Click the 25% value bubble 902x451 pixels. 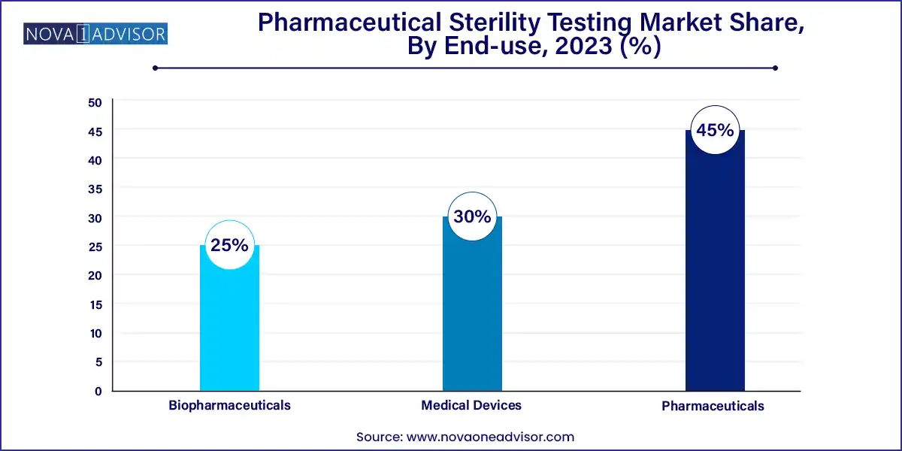coord(229,245)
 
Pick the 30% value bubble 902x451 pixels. coord(471,216)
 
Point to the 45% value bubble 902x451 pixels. coord(715,130)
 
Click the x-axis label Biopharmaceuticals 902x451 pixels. coord(229,405)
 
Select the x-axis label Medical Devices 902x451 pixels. coord(471,405)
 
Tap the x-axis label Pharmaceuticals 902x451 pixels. coord(713,406)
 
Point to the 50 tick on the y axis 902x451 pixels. coord(95,102)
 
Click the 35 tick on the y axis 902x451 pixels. coord(95,189)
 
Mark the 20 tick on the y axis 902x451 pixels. coord(95,275)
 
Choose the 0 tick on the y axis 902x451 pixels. coord(98,391)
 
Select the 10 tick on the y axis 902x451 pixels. coord(95,333)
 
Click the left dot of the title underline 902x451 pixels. coord(155,68)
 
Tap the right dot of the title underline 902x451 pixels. coord(774,68)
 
